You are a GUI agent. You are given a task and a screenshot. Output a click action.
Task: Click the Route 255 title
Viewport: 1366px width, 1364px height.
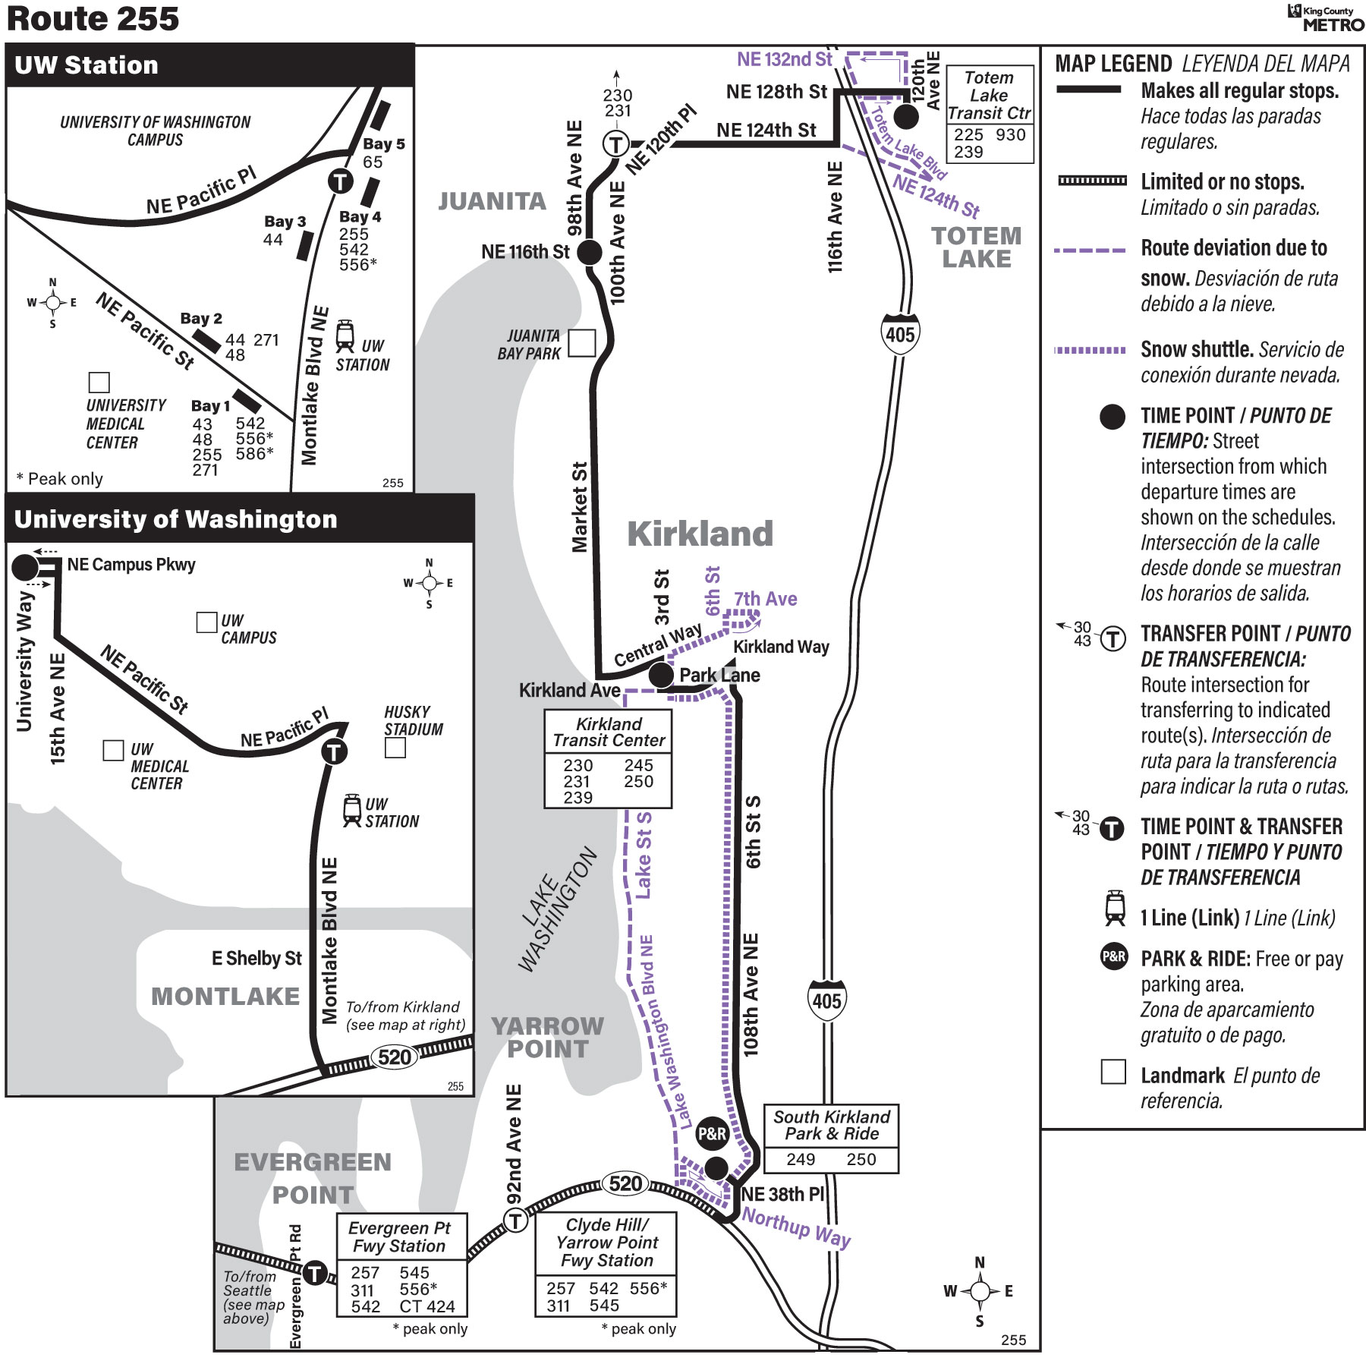(93, 19)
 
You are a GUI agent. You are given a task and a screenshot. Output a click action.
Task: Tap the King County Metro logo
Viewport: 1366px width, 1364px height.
(1325, 18)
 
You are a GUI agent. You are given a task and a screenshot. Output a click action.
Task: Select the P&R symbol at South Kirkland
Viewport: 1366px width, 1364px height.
(712, 1133)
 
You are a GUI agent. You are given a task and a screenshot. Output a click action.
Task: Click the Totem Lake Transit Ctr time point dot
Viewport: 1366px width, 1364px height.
(905, 117)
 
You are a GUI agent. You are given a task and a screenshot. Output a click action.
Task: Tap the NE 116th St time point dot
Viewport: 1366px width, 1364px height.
(590, 252)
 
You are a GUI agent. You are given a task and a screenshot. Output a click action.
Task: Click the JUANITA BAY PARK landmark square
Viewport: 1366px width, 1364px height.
(582, 343)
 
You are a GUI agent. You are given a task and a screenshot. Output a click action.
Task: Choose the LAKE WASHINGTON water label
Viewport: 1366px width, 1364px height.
(558, 909)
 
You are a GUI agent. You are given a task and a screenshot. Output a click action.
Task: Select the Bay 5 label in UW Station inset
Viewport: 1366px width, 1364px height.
(384, 143)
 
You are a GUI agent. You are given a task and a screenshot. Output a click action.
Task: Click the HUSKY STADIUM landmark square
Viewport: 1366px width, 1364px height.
(395, 748)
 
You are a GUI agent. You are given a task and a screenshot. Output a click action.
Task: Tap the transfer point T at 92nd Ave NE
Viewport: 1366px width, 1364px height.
(516, 1221)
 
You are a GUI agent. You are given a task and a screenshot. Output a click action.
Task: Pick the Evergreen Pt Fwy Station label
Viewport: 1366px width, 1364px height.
(400, 1236)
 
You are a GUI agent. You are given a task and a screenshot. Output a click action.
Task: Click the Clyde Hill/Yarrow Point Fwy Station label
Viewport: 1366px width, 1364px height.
(606, 1243)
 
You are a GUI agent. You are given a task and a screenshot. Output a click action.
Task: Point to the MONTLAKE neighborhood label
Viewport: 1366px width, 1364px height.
(225, 996)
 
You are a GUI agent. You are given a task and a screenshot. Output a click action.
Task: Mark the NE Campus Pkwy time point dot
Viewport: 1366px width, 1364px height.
(25, 566)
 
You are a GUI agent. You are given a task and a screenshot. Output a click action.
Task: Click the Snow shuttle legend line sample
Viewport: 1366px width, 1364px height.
(1090, 350)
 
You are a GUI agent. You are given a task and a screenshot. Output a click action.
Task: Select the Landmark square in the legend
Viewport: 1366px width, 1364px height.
(1113, 1072)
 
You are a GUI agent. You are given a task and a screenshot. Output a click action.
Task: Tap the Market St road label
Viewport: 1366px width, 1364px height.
(580, 507)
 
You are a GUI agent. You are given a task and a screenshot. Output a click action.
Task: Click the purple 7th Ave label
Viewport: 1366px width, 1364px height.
(765, 599)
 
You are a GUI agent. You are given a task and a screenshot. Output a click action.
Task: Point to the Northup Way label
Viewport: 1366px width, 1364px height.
(796, 1227)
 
